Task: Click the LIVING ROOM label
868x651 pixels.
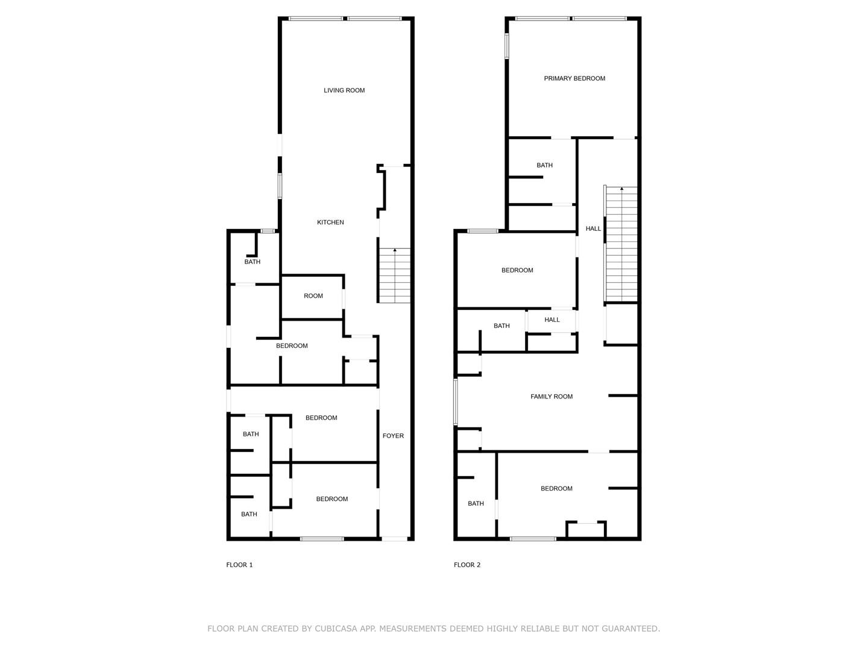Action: [344, 90]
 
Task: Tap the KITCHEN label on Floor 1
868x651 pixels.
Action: [330, 222]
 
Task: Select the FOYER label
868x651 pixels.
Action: [393, 436]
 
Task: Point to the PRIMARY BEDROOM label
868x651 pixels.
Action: [574, 78]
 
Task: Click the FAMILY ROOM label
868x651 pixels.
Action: [552, 397]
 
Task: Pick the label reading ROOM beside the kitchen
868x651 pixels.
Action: [313, 295]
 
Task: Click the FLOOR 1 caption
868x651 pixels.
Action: [239, 565]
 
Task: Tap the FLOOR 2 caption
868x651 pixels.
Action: [467, 565]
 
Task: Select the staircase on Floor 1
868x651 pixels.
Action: [394, 275]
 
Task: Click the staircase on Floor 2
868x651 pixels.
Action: [621, 244]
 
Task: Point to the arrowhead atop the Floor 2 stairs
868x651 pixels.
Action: [621, 189]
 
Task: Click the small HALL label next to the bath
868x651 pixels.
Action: [552, 319]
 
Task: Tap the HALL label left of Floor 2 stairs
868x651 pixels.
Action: [593, 228]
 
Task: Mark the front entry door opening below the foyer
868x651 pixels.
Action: [394, 539]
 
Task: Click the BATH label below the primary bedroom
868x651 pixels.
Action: [544, 165]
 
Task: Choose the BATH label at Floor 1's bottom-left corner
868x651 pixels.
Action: [249, 514]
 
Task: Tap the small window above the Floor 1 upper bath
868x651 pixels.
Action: [268, 231]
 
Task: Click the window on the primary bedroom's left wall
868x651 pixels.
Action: [506, 46]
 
